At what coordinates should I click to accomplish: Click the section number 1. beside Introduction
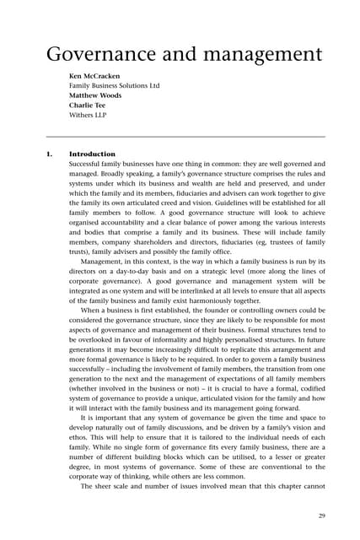[49, 154]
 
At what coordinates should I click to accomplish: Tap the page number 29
[320, 516]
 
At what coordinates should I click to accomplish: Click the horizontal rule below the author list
[185, 136]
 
